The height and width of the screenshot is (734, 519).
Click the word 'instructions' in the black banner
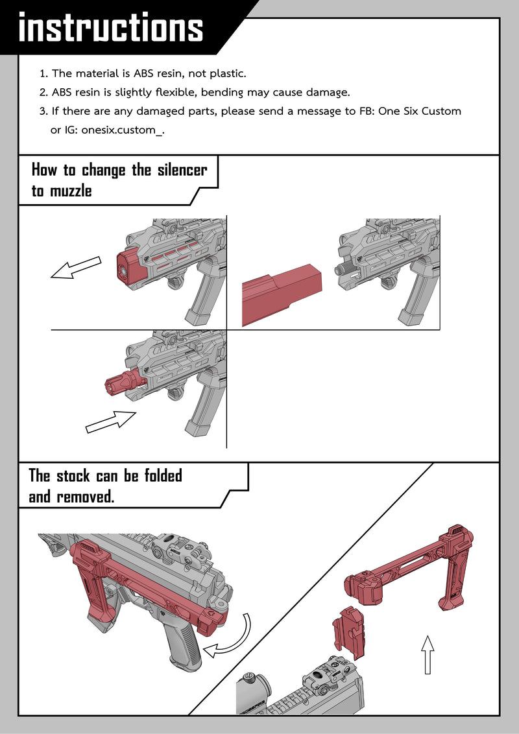coord(111,28)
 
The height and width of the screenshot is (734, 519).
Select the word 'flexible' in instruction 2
coord(176,92)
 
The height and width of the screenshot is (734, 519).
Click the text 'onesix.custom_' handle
coord(122,130)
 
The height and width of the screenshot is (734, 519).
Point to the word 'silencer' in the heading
coord(182,169)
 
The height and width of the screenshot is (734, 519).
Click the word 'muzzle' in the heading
coord(71,191)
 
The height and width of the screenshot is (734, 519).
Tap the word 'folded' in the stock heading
coord(163,475)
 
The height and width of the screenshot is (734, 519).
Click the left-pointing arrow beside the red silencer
coord(76,268)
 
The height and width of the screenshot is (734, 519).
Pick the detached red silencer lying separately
coord(282,294)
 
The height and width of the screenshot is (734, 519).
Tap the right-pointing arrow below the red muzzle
coord(111,421)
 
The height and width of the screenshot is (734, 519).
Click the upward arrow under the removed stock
coord(427,654)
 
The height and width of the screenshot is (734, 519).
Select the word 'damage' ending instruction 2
coord(327,93)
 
